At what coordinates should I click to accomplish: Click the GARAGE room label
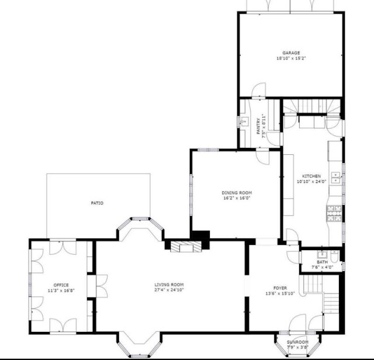click(291, 53)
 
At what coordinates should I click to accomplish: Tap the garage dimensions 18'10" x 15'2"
click(291, 58)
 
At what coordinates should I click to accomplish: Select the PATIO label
click(98, 203)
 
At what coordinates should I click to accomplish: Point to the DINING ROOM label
click(237, 193)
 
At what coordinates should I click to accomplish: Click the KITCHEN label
click(311, 176)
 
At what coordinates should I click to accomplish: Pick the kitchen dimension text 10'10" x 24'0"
click(311, 181)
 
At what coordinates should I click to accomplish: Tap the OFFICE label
click(61, 285)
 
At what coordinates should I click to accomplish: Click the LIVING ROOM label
click(169, 285)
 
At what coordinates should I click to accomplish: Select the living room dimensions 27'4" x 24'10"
click(169, 290)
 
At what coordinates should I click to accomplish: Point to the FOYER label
click(280, 288)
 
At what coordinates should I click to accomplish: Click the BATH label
click(322, 262)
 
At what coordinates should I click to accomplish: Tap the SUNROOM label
click(297, 342)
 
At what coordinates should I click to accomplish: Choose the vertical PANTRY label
click(258, 126)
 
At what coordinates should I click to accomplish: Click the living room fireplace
click(186, 247)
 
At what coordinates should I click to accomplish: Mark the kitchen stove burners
click(334, 213)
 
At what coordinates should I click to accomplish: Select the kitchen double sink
click(336, 178)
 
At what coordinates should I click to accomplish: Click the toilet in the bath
click(334, 255)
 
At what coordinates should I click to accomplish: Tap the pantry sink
click(244, 122)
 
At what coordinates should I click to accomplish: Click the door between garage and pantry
click(259, 90)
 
